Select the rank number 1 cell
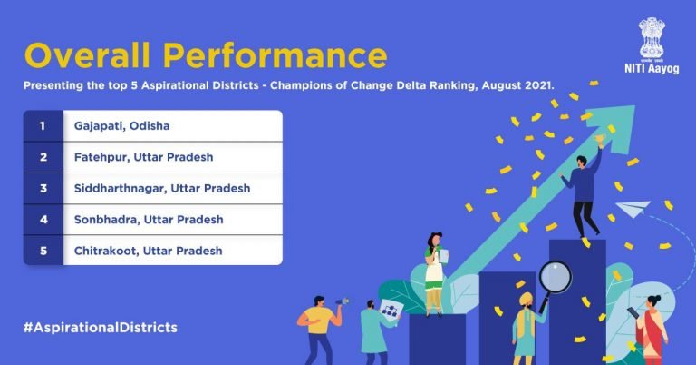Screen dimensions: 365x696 click(x=43, y=124)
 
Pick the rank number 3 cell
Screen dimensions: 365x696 click(x=43, y=188)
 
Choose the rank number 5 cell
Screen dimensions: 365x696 click(x=43, y=251)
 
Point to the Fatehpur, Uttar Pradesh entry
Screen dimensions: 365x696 click(x=144, y=156)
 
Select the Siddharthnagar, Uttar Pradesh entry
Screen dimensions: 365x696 click(x=162, y=188)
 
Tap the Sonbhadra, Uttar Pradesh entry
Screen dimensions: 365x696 click(x=150, y=219)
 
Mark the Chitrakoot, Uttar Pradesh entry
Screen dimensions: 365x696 click(x=150, y=251)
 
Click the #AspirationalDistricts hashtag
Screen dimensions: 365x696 click(x=101, y=325)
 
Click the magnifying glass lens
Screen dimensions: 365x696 click(x=554, y=275)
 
